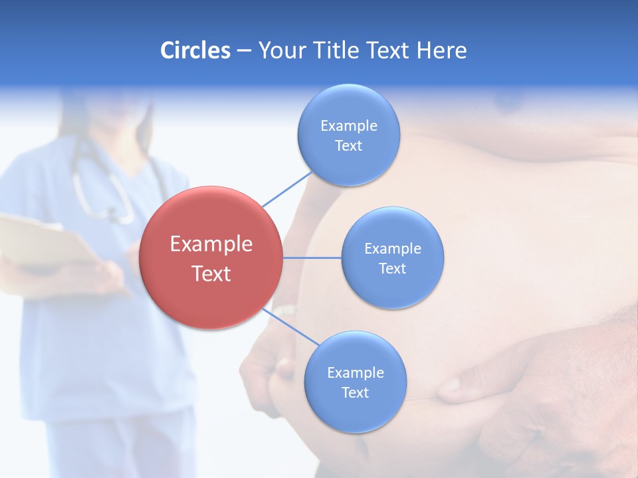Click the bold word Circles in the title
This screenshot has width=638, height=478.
(x=195, y=50)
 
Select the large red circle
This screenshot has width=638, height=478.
(x=211, y=258)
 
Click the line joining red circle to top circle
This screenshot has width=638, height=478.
(x=287, y=189)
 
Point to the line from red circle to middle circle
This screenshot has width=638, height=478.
(x=312, y=258)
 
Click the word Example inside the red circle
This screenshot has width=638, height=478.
(x=211, y=244)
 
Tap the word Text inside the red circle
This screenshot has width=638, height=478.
(x=211, y=274)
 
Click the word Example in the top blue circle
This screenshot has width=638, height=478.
(x=348, y=125)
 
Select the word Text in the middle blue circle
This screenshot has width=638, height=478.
(x=392, y=268)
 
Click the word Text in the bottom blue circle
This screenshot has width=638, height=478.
(x=355, y=392)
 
